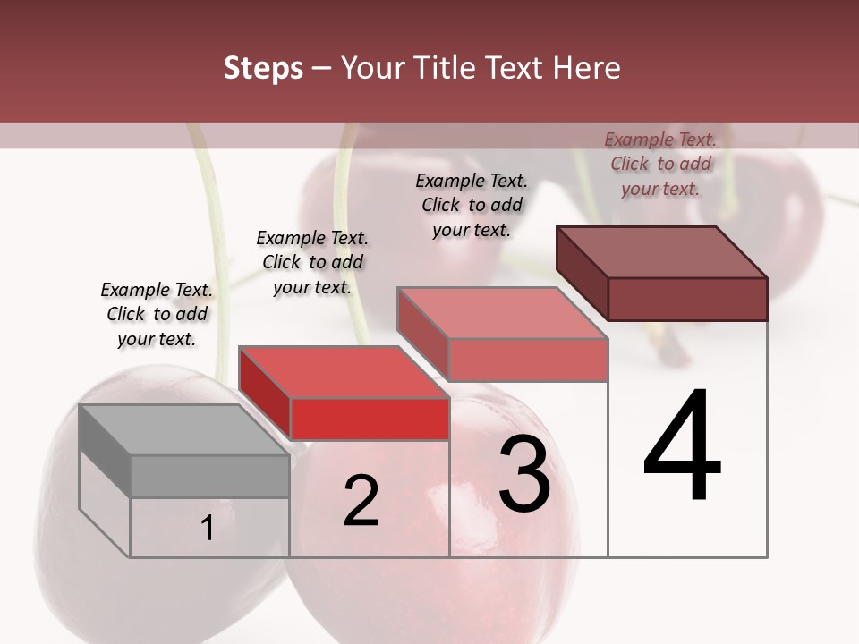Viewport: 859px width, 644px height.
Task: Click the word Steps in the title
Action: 263,68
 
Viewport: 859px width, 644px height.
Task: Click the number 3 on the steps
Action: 524,474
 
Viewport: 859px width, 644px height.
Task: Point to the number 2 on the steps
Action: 361,501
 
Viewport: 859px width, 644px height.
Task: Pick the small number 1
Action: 208,529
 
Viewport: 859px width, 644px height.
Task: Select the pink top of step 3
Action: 502,313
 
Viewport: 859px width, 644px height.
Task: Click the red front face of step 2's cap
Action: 370,419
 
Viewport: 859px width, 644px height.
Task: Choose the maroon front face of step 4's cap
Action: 687,299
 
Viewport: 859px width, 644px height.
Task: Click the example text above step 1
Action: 157,315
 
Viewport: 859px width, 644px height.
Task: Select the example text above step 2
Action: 312,262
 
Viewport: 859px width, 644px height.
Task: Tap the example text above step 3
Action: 472,205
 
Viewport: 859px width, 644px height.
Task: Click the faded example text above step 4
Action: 660,164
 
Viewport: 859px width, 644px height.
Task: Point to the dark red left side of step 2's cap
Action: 265,394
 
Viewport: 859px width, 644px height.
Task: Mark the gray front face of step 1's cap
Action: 209,476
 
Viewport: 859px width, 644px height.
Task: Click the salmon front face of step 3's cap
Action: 528,359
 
